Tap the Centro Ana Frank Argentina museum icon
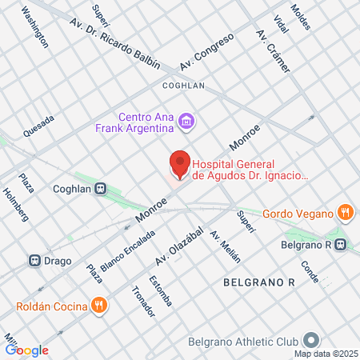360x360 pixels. (186, 122)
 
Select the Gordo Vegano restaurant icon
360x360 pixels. (345, 212)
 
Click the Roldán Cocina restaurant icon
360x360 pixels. (99, 304)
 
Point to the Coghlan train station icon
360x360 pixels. (101, 189)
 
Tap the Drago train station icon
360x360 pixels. (35, 261)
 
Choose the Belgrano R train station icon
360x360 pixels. (342, 245)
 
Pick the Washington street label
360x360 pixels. (34, 28)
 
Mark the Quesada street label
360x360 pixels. (38, 126)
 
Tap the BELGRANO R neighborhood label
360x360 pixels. (259, 282)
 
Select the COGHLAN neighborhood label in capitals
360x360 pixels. (184, 84)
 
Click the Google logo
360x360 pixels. (26, 350)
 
